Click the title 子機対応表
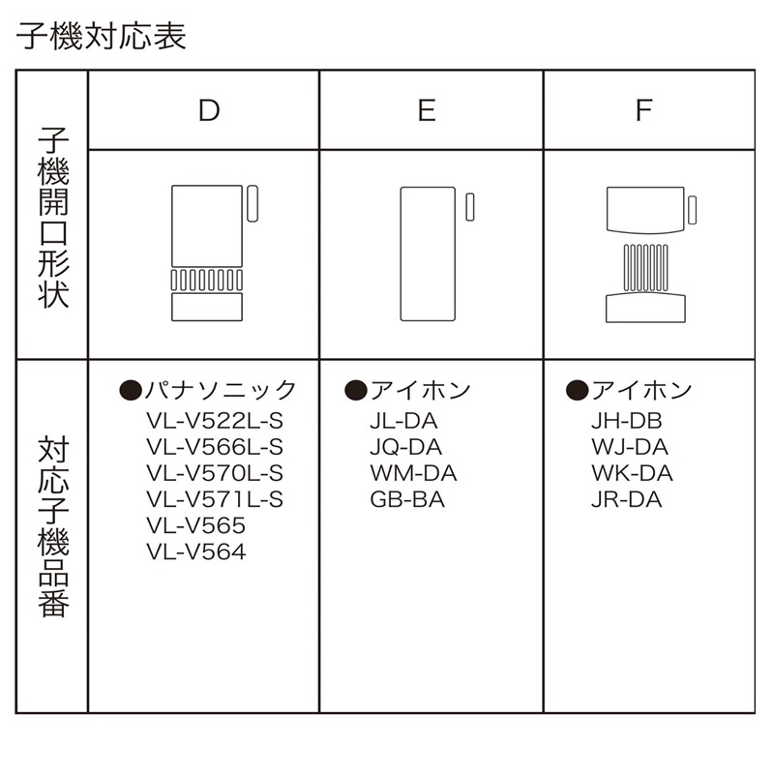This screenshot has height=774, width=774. (x=102, y=37)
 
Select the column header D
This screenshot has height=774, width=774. (x=208, y=110)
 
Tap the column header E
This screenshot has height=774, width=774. (x=427, y=110)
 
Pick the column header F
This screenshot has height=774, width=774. (x=644, y=110)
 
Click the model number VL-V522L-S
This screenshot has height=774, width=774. (x=215, y=421)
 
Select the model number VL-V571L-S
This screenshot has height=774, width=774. (x=215, y=499)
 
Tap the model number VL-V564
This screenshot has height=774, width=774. (x=196, y=552)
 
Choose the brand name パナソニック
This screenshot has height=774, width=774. (x=221, y=390)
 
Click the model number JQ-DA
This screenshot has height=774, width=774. (x=405, y=447)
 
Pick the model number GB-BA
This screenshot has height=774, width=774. (x=406, y=500)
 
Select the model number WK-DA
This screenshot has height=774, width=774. (x=631, y=473)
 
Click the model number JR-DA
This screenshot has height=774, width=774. (x=626, y=500)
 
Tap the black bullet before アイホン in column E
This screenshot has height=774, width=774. (x=353, y=390)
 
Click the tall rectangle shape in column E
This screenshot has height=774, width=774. (x=428, y=253)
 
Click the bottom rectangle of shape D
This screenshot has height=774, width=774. (x=206, y=308)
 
